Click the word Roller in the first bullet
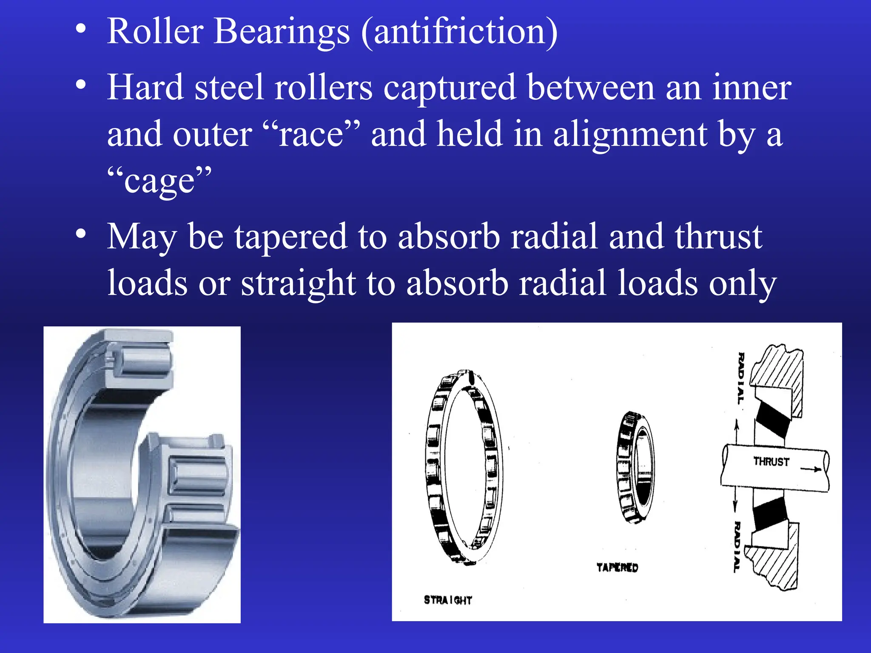[x=155, y=31]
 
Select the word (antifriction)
[x=459, y=32]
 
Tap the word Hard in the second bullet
[x=145, y=88]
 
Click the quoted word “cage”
[x=159, y=181]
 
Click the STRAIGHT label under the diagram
[x=448, y=600]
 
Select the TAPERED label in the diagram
[x=617, y=568]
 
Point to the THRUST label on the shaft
[x=771, y=462]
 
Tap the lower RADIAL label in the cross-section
[x=737, y=547]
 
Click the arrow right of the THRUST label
[x=811, y=469]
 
